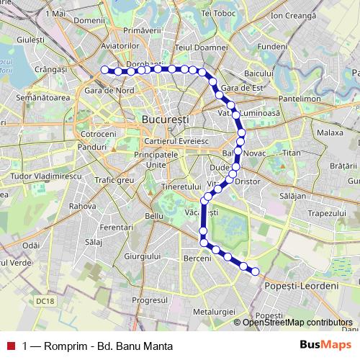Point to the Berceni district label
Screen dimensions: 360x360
tap(197, 258)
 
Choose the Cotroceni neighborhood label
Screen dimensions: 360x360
tap(99, 134)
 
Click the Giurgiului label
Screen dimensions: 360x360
tap(142, 256)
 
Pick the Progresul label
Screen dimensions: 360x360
tap(150, 300)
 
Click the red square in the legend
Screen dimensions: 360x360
tap(10, 345)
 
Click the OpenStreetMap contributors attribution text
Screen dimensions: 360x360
tap(297, 322)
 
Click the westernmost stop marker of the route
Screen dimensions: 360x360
tap(104, 70)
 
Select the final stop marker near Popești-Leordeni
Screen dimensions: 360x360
tap(255, 271)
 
